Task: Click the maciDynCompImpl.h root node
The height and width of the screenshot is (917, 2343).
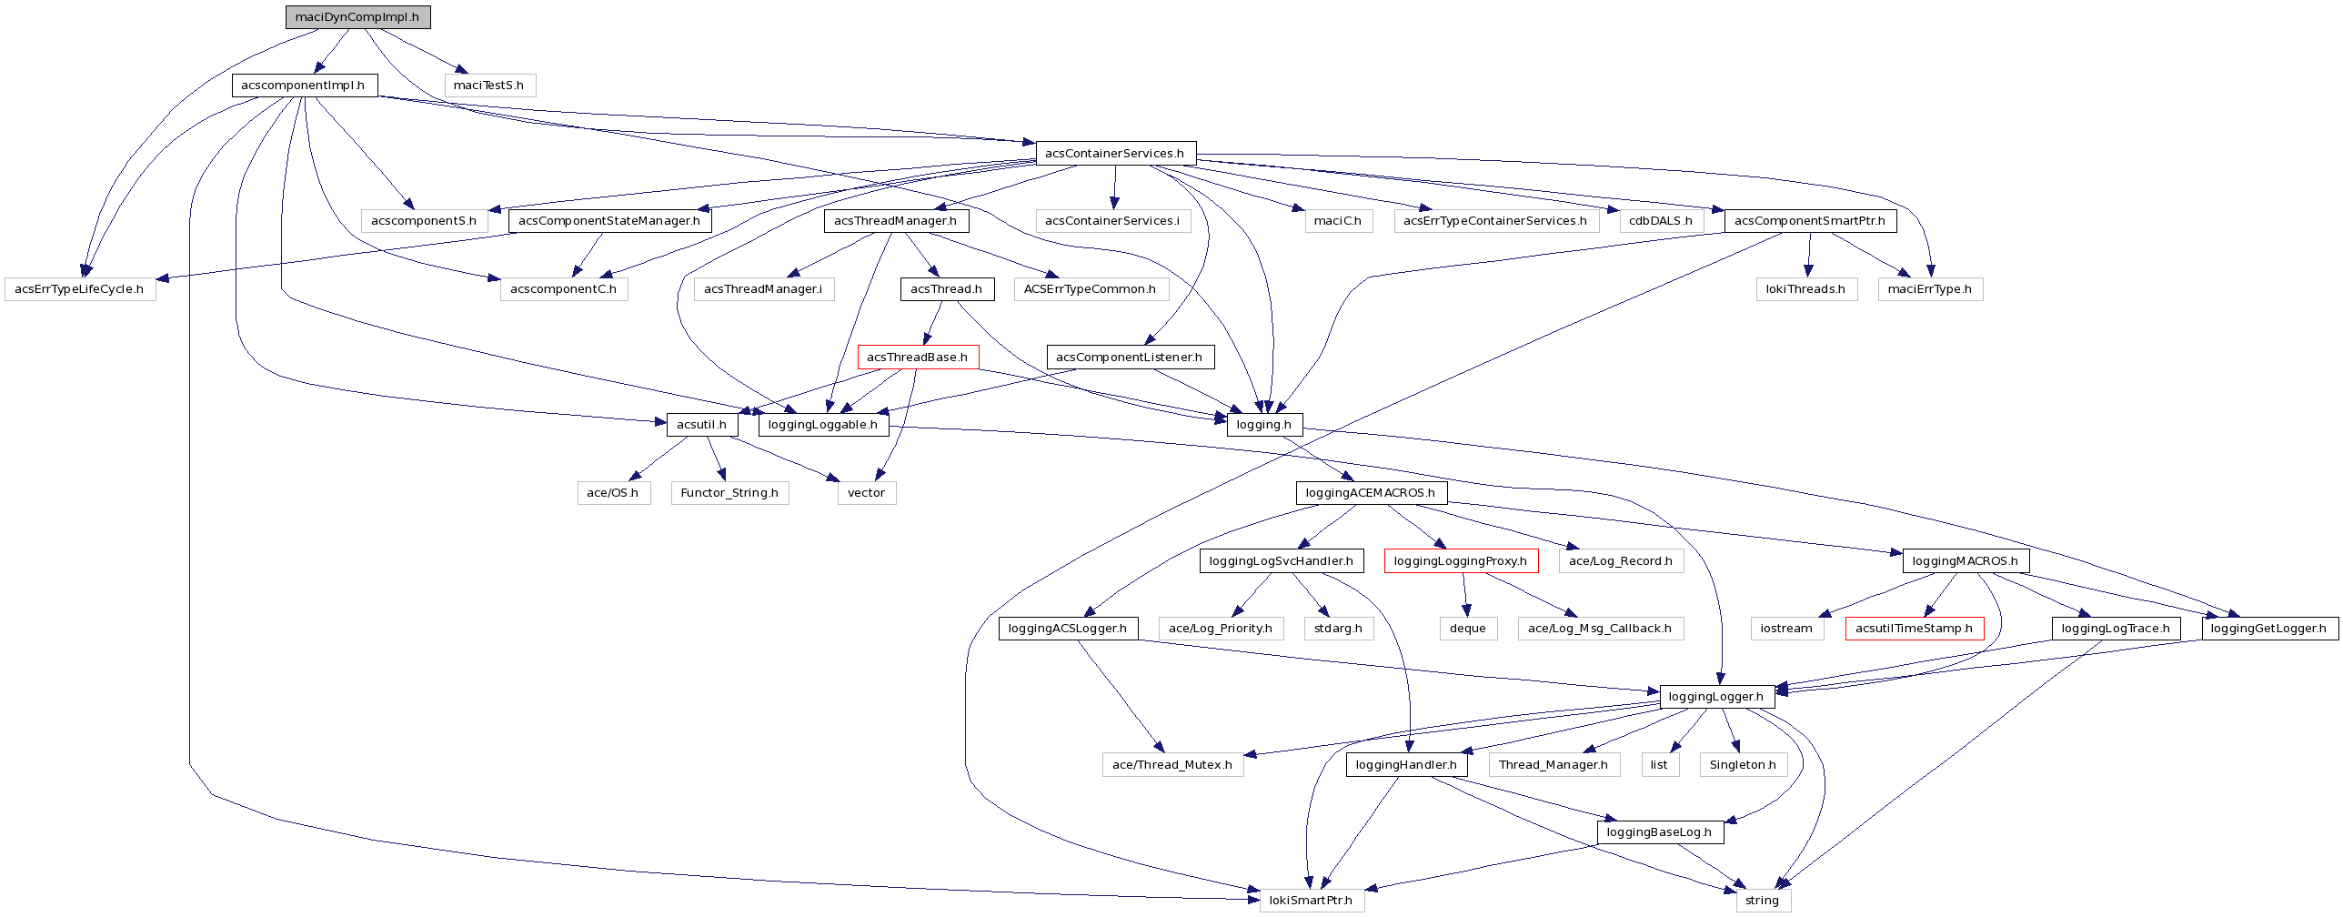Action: [357, 17]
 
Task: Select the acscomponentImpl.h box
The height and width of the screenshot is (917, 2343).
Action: [304, 86]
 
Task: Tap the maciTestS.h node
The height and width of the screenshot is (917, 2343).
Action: [488, 86]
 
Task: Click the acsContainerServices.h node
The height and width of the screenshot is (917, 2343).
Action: [1115, 154]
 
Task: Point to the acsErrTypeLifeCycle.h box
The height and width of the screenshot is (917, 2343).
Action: [79, 289]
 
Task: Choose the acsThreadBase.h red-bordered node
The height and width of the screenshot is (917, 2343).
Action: [917, 358]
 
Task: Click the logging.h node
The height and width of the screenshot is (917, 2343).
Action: [1263, 425]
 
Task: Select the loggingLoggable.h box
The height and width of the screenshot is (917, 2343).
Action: [822, 425]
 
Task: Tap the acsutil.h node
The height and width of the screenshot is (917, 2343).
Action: [701, 425]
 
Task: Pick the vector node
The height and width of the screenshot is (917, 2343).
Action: [866, 493]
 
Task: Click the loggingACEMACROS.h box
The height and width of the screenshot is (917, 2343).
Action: [1370, 493]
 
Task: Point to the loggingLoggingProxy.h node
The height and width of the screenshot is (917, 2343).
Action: [1460, 561]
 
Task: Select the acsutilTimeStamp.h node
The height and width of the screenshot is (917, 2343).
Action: [1914, 629]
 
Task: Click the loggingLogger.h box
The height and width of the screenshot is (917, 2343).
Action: [1716, 697]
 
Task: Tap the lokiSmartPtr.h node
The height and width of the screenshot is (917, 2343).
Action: [1311, 901]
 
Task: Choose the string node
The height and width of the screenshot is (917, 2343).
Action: [1762, 901]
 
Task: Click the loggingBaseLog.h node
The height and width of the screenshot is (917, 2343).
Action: [1659, 832]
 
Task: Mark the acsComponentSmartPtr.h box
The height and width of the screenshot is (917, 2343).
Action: [1810, 221]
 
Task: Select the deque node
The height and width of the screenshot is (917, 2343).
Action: [1468, 629]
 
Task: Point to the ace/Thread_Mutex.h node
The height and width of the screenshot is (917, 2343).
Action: [1171, 765]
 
